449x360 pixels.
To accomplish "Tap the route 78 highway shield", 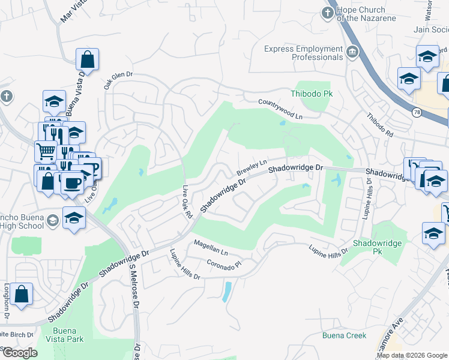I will (x=416, y=112).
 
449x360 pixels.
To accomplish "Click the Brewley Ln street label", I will (x=251, y=167).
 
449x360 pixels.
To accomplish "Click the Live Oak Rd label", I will (x=187, y=202).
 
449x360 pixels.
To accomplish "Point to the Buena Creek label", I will (x=343, y=335).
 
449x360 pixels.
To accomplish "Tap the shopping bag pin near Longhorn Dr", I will (x=21, y=295).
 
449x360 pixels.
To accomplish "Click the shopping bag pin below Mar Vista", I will (x=87, y=59).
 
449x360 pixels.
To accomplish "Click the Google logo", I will (x=19, y=353).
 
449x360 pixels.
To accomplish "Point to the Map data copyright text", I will (x=411, y=355).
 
